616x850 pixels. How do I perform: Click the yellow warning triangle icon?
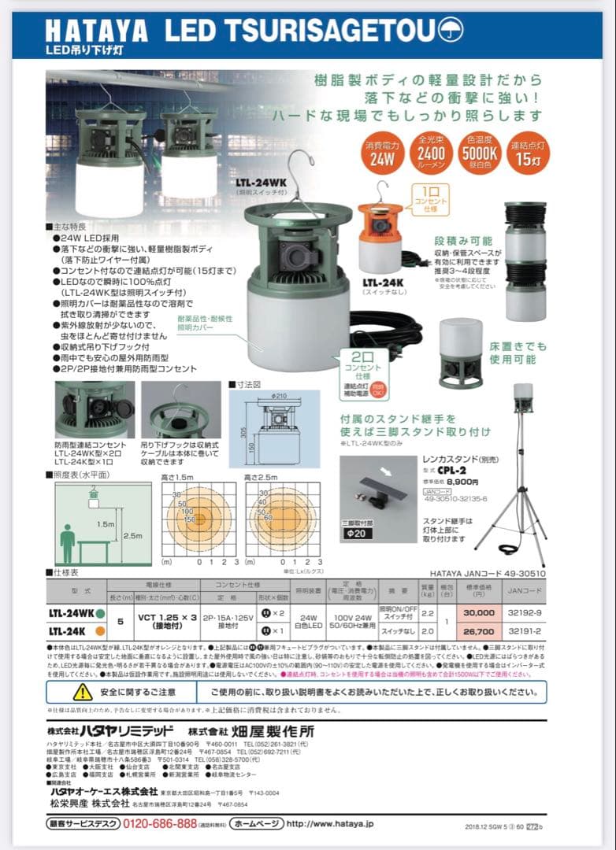[83, 692]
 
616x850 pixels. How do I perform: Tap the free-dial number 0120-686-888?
[158, 823]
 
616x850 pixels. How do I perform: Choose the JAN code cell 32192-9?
[525, 614]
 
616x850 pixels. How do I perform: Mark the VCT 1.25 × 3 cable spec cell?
[168, 620]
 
